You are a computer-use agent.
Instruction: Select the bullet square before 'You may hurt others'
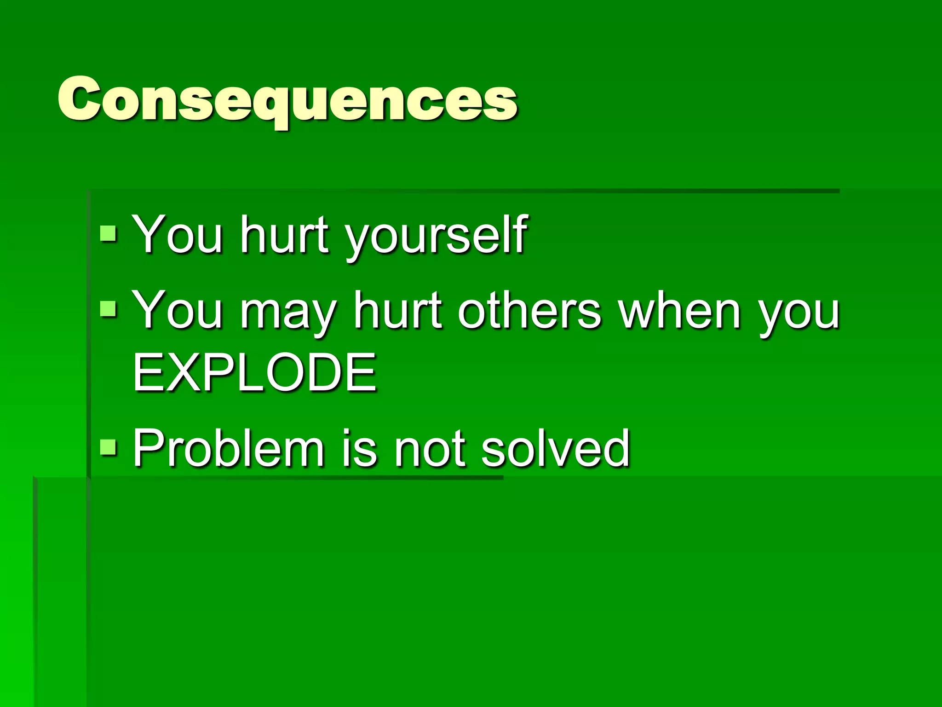[x=109, y=309]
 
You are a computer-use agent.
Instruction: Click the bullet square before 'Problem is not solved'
[x=109, y=446]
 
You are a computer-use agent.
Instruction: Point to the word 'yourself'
[x=436, y=237]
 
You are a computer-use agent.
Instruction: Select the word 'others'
[x=529, y=311]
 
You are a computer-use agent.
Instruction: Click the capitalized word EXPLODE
[x=254, y=372]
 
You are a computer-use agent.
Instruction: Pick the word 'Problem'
[x=229, y=447]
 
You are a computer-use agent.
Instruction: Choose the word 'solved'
[x=555, y=447]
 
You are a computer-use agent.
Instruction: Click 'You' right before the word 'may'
[x=178, y=311]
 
